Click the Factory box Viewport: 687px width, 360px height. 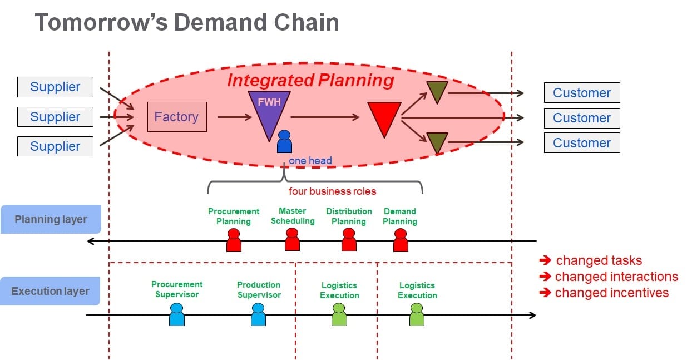tap(176, 117)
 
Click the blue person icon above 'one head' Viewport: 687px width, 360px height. tap(284, 142)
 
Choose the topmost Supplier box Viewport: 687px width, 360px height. tap(55, 87)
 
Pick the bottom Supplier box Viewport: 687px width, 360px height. tap(55, 146)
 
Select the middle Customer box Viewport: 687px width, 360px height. tap(581, 118)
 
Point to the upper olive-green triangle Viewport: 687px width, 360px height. tap(437, 91)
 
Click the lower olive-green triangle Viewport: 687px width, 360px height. tap(437, 141)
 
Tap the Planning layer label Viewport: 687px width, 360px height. tap(50, 219)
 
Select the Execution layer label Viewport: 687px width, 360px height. tap(50, 291)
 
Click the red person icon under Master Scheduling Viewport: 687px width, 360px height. tap(292, 240)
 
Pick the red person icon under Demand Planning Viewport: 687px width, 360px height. tap(401, 241)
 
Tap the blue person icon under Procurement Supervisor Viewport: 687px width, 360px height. tap(176, 315)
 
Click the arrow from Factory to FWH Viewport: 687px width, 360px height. tap(234, 117)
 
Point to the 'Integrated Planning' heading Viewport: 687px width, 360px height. tap(310, 80)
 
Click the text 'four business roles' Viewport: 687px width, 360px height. tap(332, 191)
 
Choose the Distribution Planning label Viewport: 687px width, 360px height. tap(349, 216)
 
